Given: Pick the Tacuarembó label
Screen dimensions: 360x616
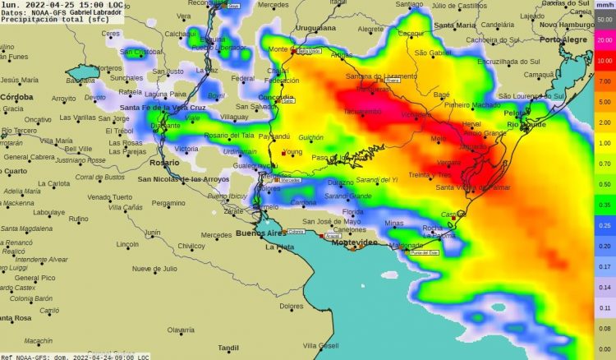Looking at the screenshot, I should [362, 111].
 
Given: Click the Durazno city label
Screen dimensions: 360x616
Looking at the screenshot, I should [340, 182].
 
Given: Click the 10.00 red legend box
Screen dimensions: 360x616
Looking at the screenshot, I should [604, 60].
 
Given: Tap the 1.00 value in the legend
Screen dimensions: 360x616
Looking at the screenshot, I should [604, 143].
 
